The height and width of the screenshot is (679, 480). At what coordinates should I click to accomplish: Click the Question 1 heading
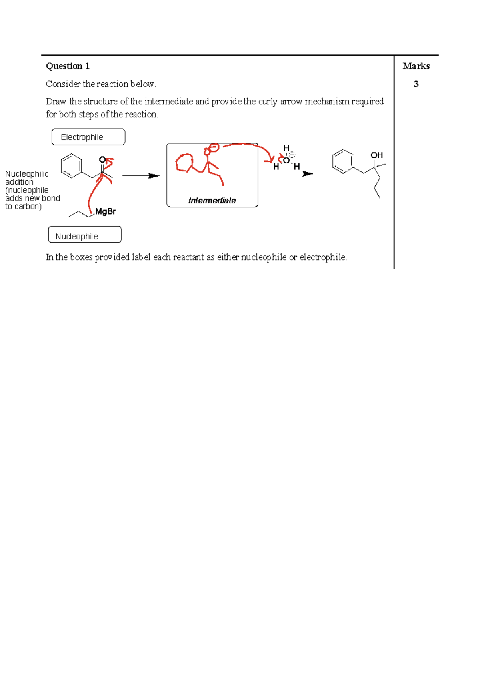(x=68, y=66)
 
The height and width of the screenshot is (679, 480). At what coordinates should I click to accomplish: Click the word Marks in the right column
(x=416, y=66)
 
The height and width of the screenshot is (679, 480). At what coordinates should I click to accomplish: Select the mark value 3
(x=416, y=84)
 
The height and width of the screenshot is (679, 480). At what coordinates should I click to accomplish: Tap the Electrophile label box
(x=88, y=137)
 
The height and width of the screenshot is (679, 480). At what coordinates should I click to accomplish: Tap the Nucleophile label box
(x=85, y=236)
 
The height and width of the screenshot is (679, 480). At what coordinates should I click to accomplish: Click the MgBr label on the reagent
(x=106, y=211)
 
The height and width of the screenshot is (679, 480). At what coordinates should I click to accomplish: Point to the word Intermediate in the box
(x=212, y=201)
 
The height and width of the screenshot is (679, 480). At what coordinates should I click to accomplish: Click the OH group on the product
(x=376, y=155)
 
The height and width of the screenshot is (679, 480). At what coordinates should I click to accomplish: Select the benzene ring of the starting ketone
(x=71, y=166)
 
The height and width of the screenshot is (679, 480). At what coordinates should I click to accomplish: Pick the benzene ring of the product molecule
(x=343, y=161)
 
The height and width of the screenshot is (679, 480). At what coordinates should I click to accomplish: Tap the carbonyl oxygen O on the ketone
(x=102, y=159)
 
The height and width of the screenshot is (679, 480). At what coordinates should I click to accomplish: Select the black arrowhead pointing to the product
(x=308, y=174)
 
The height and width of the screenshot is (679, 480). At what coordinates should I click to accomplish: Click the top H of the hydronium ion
(x=286, y=148)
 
